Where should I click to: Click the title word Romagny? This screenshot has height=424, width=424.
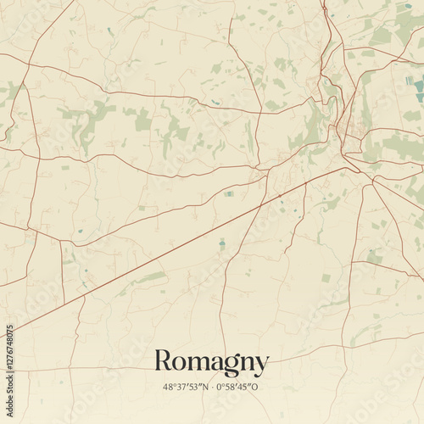click(211, 363)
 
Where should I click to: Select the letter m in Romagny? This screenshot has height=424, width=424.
click(198, 364)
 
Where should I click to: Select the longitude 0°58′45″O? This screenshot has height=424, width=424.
click(238, 387)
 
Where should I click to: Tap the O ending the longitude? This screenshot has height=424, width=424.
click(256, 387)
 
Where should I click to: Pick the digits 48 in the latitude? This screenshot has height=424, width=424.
click(168, 387)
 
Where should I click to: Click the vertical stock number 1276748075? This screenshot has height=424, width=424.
click(8, 366)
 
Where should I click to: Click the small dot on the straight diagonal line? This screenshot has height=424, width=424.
click(281, 197)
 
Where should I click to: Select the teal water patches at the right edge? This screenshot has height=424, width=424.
click(417, 89)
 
